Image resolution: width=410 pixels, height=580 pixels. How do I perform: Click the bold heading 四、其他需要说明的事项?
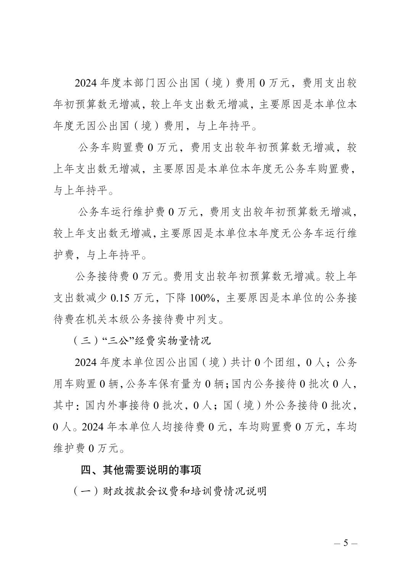pos(141,470)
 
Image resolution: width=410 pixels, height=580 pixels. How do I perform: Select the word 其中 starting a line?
pos(63,405)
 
